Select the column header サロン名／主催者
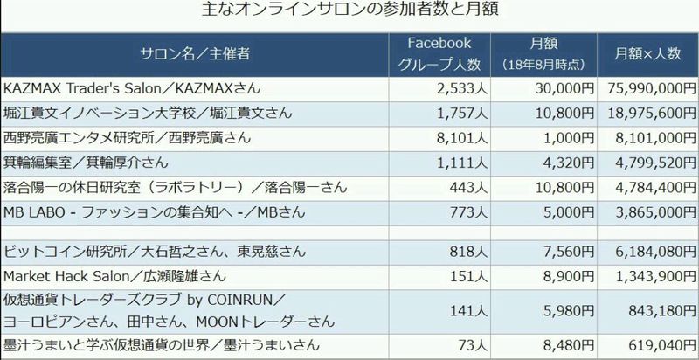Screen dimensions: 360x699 [195, 54]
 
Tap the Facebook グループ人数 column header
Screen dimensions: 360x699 [439, 53]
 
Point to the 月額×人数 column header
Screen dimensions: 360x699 [647, 54]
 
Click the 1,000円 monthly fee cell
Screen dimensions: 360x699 [562, 138]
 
